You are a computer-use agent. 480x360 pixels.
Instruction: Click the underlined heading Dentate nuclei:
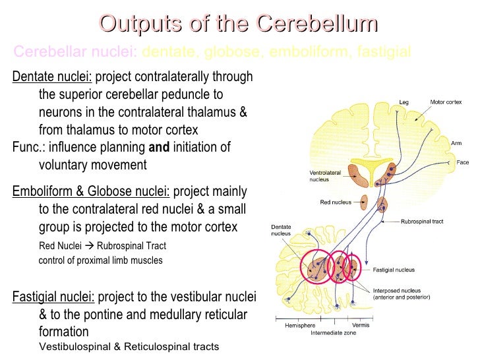coord(52,77)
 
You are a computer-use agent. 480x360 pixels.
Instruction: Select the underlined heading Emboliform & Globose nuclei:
coord(91,192)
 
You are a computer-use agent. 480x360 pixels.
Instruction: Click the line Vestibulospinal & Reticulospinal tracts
coord(129,347)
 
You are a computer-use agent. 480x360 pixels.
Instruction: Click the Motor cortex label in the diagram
coord(446,102)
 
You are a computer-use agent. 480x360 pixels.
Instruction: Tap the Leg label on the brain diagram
coord(404,102)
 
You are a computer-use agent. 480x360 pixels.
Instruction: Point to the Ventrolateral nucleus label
coord(325,176)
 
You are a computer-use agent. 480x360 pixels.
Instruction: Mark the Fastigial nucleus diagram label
coord(394,270)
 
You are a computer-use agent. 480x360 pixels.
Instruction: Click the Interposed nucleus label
coord(401,294)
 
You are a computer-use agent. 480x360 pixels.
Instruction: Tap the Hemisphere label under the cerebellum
coord(299,326)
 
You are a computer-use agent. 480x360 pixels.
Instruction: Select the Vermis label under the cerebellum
coord(360,326)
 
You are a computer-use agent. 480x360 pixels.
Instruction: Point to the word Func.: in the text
coord(28,147)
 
